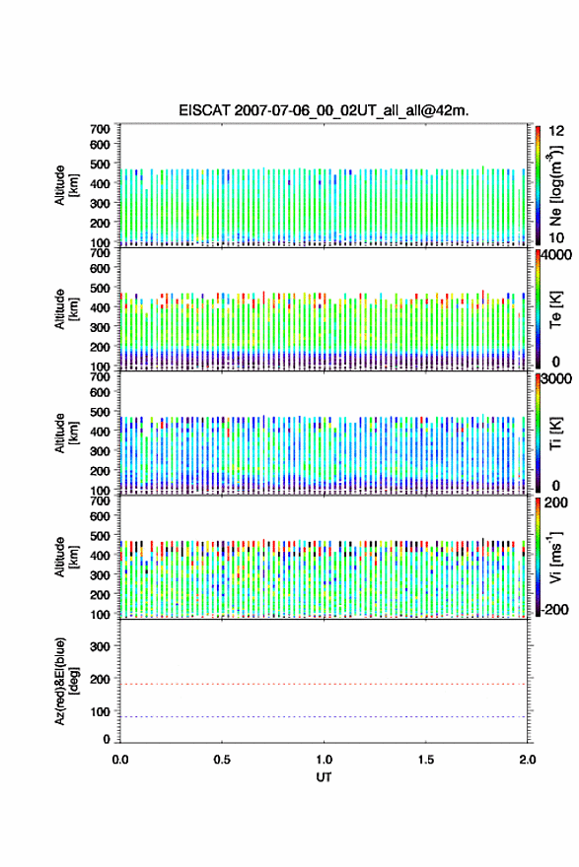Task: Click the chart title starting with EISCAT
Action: click(x=324, y=110)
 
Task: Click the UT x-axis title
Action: click(x=324, y=777)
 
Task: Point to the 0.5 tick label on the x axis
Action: click(x=222, y=760)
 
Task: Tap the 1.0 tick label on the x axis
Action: click(x=324, y=760)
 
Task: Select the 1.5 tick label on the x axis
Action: click(x=426, y=760)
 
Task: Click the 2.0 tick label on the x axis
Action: click(x=528, y=760)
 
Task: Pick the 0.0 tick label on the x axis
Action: click(x=120, y=760)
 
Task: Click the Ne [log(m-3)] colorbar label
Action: click(x=556, y=186)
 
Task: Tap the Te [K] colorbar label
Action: click(x=556, y=309)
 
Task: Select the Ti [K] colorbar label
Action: click(x=556, y=433)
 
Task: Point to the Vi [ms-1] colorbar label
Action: click(x=556, y=558)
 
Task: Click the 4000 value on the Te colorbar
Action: click(x=556, y=255)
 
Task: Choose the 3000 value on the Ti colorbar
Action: click(x=556, y=379)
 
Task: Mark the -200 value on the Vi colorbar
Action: click(x=553, y=609)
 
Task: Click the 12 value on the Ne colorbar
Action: click(x=556, y=132)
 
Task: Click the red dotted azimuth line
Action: click(x=324, y=684)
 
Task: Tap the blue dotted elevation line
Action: click(x=324, y=716)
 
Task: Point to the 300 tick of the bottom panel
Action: click(x=100, y=646)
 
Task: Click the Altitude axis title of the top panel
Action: click(x=66, y=185)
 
